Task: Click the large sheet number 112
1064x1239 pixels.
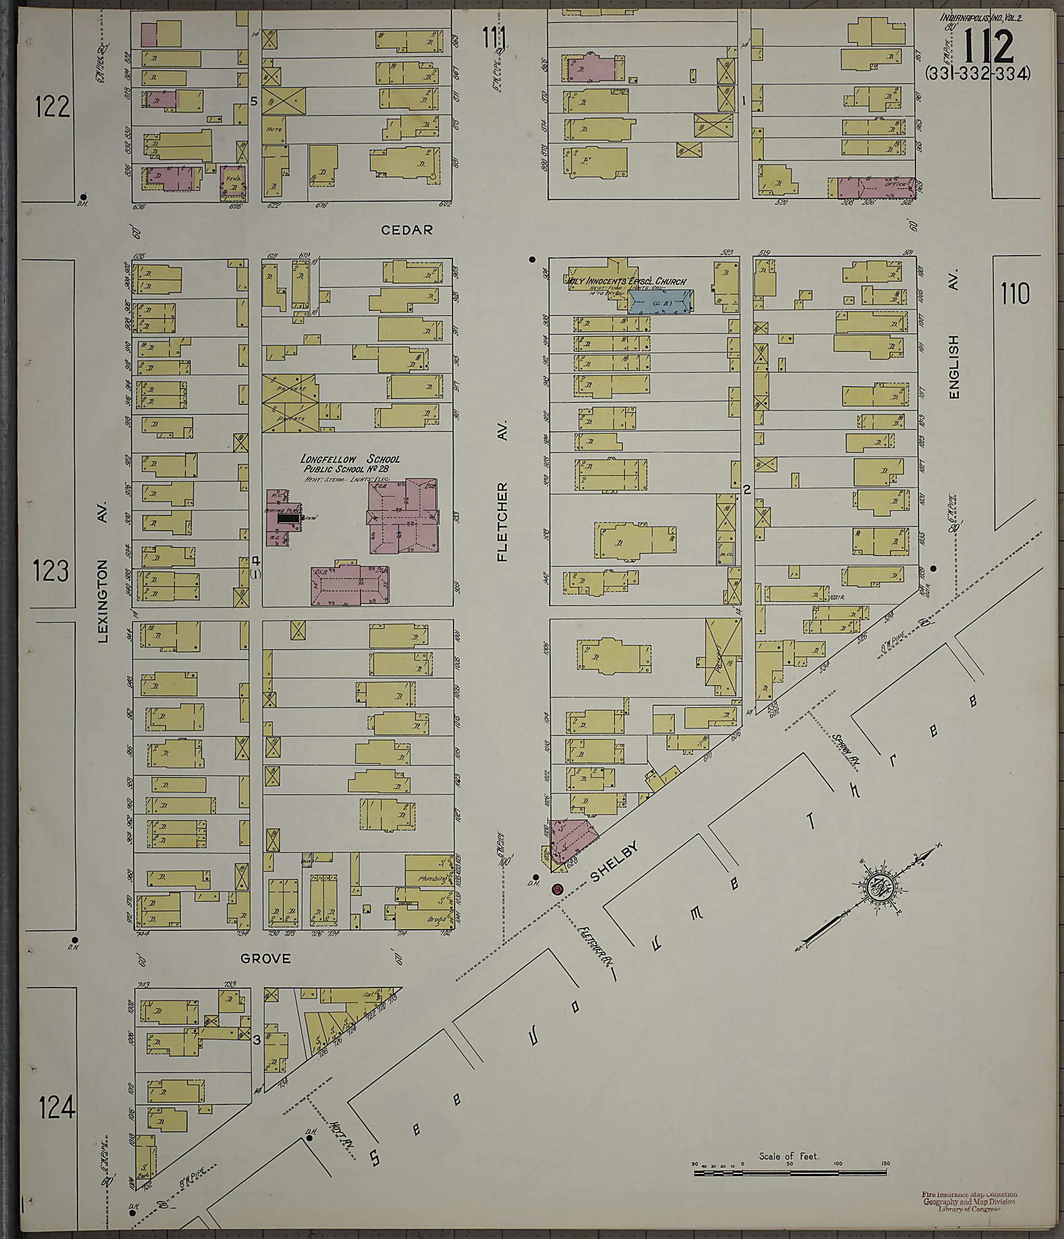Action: (x=989, y=47)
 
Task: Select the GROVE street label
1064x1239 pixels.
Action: (x=265, y=958)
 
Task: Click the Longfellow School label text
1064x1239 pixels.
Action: (x=350, y=464)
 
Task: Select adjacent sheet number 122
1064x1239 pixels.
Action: (x=52, y=107)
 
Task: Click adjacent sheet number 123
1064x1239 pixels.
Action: (x=51, y=571)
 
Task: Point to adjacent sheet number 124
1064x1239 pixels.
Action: (x=57, y=1108)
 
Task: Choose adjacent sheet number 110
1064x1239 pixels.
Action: (x=1016, y=294)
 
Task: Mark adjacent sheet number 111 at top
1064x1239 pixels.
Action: (x=495, y=38)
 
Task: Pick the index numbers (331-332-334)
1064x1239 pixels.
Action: (x=978, y=74)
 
